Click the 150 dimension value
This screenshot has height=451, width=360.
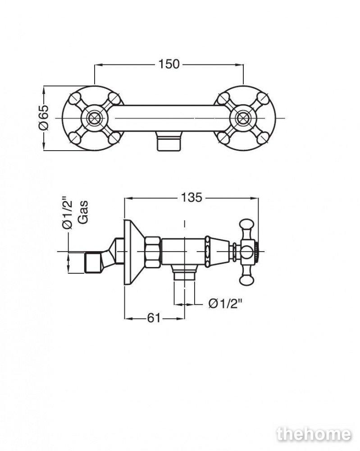click(x=169, y=64)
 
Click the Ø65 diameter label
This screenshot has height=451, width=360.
click(x=44, y=117)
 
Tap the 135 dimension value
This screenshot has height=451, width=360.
click(x=191, y=198)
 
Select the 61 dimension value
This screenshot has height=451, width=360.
click(x=154, y=318)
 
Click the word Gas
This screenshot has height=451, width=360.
click(x=83, y=212)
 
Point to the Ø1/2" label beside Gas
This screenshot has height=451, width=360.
click(x=68, y=212)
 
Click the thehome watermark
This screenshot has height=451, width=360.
click(x=314, y=434)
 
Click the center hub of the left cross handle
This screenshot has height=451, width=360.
click(x=94, y=118)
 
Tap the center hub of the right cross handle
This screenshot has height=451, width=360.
click(x=243, y=118)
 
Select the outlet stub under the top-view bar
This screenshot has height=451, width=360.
click(x=169, y=141)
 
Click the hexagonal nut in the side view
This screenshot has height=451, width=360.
click(x=153, y=252)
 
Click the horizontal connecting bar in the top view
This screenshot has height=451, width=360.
click(x=169, y=118)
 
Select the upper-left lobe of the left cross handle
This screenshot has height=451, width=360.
click(x=76, y=99)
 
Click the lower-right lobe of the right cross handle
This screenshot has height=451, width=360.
click(x=262, y=138)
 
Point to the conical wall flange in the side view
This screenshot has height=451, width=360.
click(x=134, y=252)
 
